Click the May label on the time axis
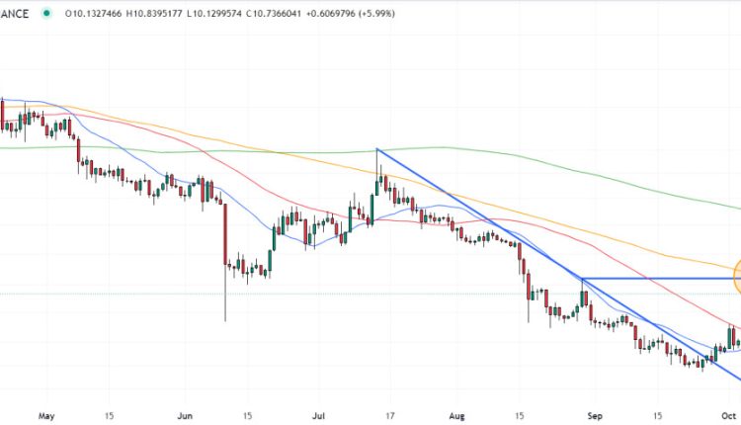tap(45, 416)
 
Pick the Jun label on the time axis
tap(184, 416)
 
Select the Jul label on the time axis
tap(318, 416)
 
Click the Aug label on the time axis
tap(455, 416)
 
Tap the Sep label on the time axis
tap(592, 416)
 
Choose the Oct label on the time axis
tap(728, 416)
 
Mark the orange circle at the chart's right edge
tap(737, 270)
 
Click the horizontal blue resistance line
tap(652, 279)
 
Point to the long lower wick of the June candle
tap(225, 297)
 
